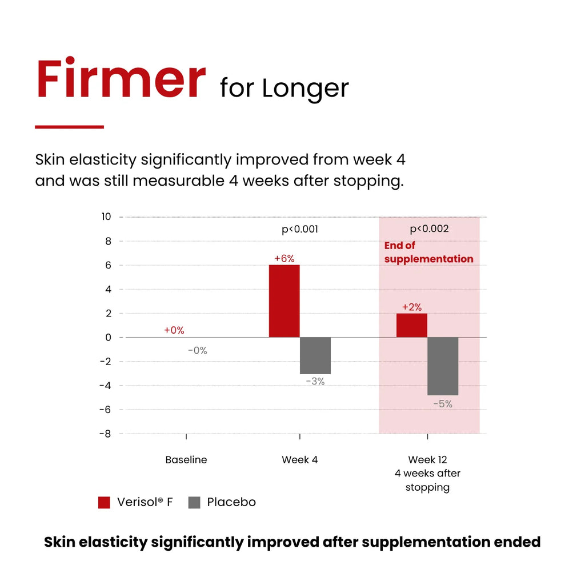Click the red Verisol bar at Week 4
(285, 301)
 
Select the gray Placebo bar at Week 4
(315, 355)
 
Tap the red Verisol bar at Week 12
(411, 325)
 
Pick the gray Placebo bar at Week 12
(443, 366)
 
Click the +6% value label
(285, 258)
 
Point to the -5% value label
(443, 404)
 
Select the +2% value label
(411, 307)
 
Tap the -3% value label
(315, 381)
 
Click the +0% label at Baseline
(174, 330)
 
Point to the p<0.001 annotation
(300, 229)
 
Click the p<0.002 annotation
(430, 229)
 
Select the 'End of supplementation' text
(428, 252)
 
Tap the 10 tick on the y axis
(106, 217)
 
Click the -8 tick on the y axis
(105, 434)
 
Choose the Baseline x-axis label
(186, 460)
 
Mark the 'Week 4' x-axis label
(299, 460)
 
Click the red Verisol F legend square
(104, 502)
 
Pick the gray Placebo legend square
(194, 502)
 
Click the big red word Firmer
(121, 78)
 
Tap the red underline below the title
(69, 127)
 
